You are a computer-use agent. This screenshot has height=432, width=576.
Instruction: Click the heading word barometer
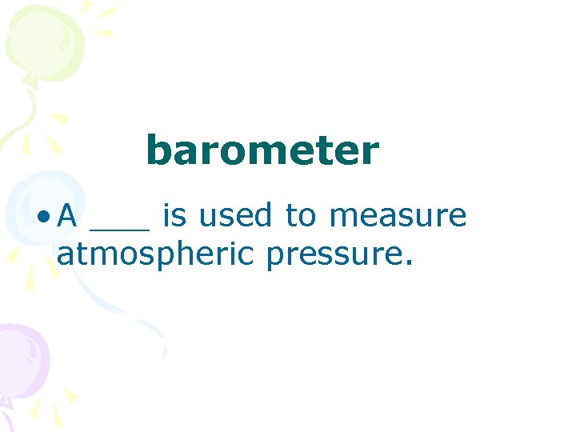pos(262,151)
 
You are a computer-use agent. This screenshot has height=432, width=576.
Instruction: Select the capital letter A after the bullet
pos(68,215)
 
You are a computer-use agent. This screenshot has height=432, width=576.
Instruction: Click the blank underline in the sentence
pos(120,227)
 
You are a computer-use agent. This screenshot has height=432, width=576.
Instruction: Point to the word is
pos(174,215)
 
